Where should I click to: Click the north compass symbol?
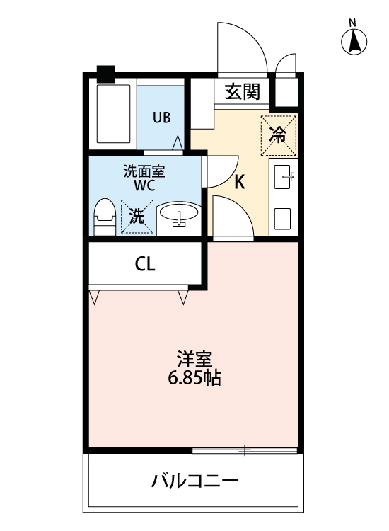click(354, 42)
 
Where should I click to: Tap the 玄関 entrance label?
click(243, 91)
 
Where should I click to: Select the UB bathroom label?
click(162, 118)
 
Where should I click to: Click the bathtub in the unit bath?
click(112, 115)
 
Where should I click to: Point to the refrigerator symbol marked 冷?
click(279, 134)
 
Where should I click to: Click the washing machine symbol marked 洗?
click(136, 217)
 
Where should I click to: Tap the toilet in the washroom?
click(105, 215)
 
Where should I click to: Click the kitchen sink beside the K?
click(284, 175)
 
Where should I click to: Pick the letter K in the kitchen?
click(240, 183)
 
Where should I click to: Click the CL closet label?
click(146, 265)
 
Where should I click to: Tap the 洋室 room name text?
click(194, 359)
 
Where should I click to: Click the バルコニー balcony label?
click(194, 483)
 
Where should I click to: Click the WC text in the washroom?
click(145, 185)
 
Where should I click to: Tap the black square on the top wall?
click(105, 72)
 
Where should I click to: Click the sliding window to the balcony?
click(244, 450)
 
